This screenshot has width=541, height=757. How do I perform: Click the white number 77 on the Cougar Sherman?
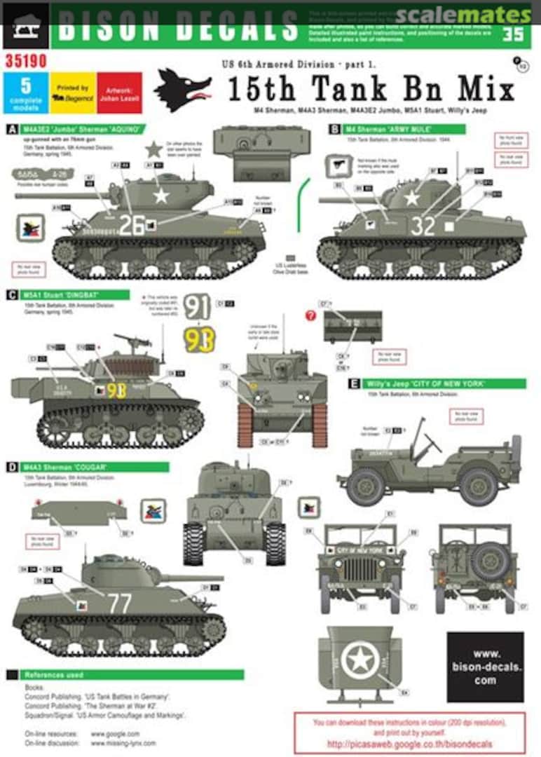(119, 603)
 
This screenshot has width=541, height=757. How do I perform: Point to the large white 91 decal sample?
(199, 308)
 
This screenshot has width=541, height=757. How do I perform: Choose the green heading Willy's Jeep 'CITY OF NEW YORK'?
(438, 383)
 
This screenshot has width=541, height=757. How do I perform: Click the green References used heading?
(126, 675)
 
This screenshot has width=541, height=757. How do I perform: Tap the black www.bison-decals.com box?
(485, 667)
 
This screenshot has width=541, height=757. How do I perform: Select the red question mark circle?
(310, 315)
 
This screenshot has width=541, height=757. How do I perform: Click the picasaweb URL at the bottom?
(410, 743)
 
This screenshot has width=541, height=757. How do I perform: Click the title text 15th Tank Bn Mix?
(371, 90)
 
